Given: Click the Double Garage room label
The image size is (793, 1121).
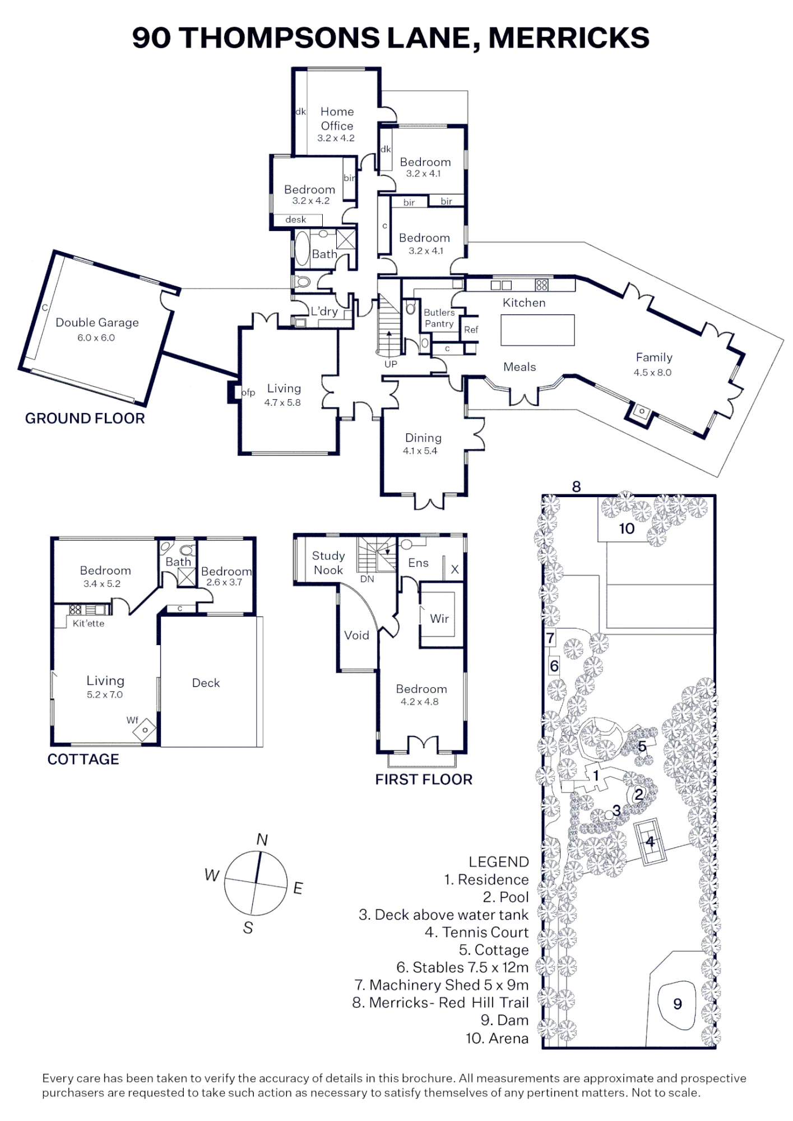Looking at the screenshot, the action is [x=97, y=322].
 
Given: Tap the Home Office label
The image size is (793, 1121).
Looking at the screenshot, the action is [x=337, y=118].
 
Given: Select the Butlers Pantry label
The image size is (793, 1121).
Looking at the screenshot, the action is [x=439, y=318].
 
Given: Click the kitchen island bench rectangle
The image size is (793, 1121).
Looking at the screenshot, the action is [x=537, y=330].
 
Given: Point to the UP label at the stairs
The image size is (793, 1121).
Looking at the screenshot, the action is [x=391, y=364].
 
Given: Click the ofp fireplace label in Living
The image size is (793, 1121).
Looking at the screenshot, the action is [x=248, y=392].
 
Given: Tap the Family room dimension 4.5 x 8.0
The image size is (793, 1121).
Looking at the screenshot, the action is [x=652, y=372].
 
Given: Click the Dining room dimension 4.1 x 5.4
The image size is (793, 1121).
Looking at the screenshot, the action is [x=420, y=451].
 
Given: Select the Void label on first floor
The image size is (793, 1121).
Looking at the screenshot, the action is [x=356, y=635].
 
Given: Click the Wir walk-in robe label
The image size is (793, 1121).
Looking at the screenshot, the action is [x=439, y=618].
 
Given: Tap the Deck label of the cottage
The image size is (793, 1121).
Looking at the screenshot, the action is [x=206, y=683].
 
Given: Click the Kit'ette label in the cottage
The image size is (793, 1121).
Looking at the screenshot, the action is [x=89, y=623].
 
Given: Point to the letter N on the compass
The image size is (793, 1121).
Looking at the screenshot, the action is [x=262, y=839].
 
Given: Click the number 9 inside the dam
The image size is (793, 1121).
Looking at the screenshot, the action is [x=678, y=1003].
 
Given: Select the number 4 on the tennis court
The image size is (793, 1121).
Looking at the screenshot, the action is [x=650, y=841].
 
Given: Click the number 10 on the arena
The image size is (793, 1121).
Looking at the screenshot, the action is [x=627, y=529].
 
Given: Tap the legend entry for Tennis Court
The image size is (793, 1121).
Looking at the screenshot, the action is [x=476, y=932].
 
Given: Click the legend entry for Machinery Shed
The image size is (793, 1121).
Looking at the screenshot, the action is [x=442, y=985].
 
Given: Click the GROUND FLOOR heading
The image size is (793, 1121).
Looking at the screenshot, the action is [x=85, y=418].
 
